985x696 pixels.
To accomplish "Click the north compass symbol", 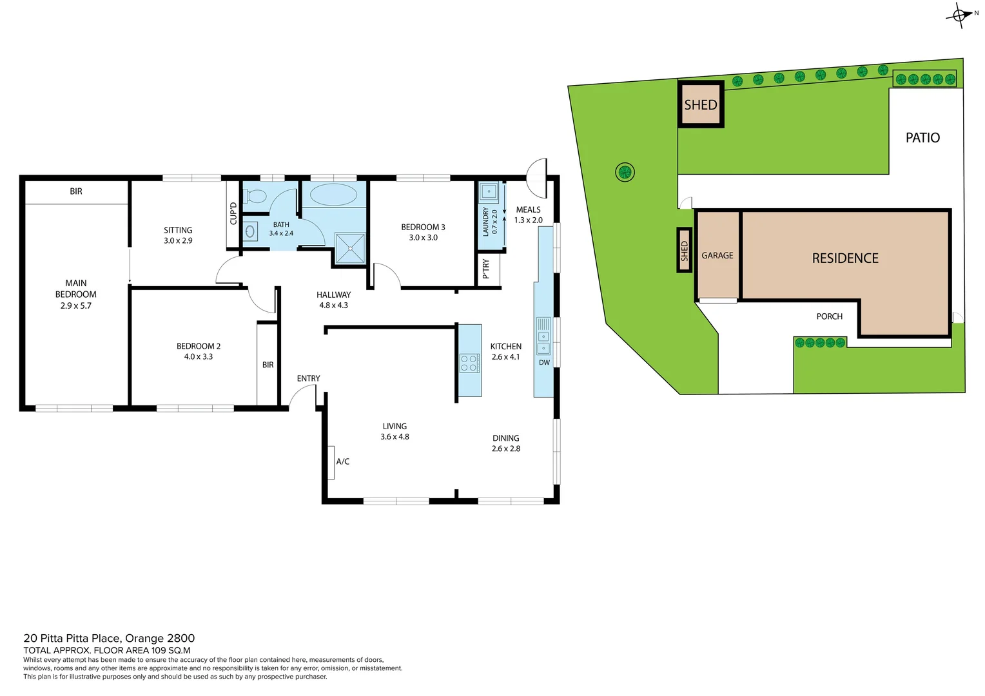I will pyautogui.click(x=959, y=14).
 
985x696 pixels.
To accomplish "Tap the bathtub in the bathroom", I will pyautogui.click(x=333, y=195).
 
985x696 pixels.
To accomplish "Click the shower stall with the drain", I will pyautogui.click(x=350, y=248).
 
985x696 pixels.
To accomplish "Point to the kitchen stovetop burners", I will pyautogui.click(x=469, y=363).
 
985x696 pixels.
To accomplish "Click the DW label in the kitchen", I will pyautogui.click(x=544, y=362).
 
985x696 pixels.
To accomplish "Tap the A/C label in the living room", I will pyautogui.click(x=342, y=461).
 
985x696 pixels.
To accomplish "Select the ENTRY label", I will pyautogui.click(x=308, y=378).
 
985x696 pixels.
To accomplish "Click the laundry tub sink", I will pyautogui.click(x=489, y=192).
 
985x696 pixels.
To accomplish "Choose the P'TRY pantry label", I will pyautogui.click(x=486, y=269).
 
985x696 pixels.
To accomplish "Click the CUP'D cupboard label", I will pyautogui.click(x=233, y=213).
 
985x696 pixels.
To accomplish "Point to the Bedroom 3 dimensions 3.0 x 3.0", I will pyautogui.click(x=423, y=238).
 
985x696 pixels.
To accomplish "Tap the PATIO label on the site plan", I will pyautogui.click(x=922, y=137).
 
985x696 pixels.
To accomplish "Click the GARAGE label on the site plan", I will pyautogui.click(x=717, y=256).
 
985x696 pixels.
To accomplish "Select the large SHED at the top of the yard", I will pyautogui.click(x=701, y=104).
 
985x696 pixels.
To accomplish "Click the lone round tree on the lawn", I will pyautogui.click(x=624, y=172).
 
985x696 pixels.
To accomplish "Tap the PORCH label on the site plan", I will pyautogui.click(x=829, y=316).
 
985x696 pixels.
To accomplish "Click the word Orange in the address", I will pyautogui.click(x=144, y=638).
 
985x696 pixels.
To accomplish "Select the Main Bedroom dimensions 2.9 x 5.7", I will pyautogui.click(x=76, y=306).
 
